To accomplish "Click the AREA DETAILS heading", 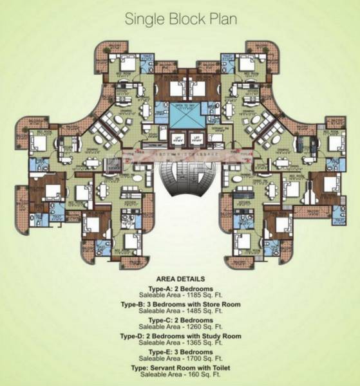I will click(180, 279).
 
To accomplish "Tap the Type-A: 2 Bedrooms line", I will click(180, 289).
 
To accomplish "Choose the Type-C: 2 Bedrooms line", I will click(180, 320).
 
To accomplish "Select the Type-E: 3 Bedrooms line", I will click(180, 352).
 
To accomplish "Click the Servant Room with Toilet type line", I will click(180, 367).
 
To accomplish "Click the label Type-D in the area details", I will click(133, 336).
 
